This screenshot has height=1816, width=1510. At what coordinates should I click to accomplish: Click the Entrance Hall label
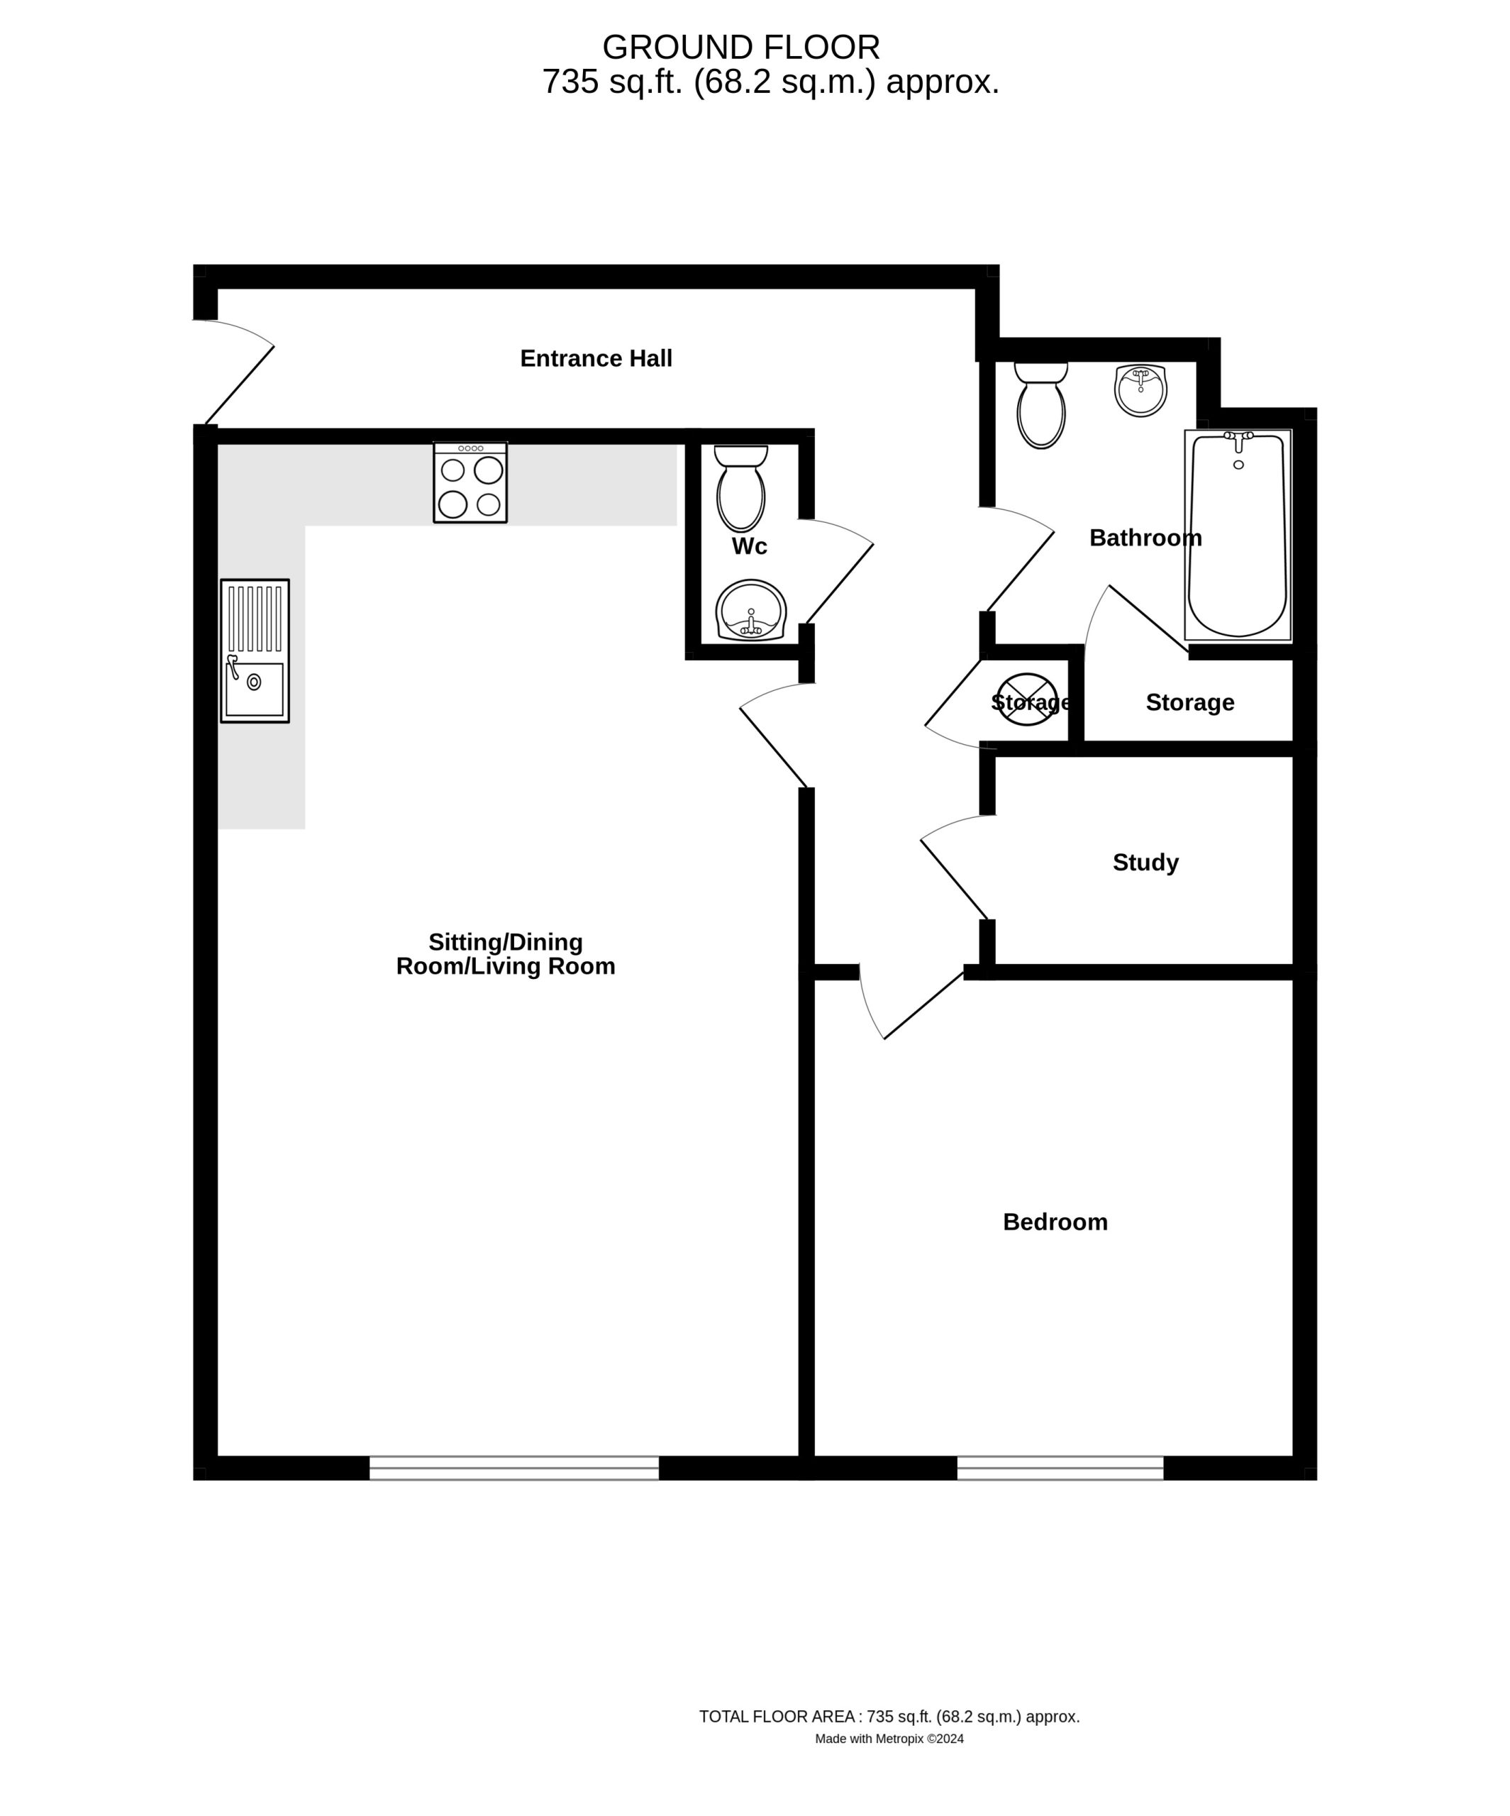coord(596,358)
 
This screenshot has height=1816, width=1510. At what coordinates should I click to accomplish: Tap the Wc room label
coord(749,546)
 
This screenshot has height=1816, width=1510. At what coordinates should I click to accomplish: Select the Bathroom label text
coord(1145,538)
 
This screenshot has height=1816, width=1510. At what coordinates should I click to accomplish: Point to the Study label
coord(1145,862)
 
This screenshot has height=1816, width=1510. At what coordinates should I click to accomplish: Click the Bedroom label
coord(1055,1222)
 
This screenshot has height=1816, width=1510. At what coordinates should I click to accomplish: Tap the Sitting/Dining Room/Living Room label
coord(506,954)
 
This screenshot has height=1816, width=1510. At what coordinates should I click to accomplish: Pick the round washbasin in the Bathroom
coord(1140,390)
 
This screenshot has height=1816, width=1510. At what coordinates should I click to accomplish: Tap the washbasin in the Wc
coord(750,611)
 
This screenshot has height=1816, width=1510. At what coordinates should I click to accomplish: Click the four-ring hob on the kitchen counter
coord(470,482)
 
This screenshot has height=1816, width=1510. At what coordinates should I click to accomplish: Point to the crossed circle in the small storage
coord(1028,699)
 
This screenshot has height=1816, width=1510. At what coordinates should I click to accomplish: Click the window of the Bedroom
coord(1060,1468)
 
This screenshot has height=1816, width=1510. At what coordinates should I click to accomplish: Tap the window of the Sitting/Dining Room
coord(515,1468)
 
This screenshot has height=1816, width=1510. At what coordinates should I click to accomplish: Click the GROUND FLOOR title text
coord(741,47)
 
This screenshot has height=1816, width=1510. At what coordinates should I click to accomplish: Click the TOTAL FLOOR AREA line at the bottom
coord(889,1717)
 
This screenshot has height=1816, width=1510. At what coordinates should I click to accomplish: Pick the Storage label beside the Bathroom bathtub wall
coord(1190,702)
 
